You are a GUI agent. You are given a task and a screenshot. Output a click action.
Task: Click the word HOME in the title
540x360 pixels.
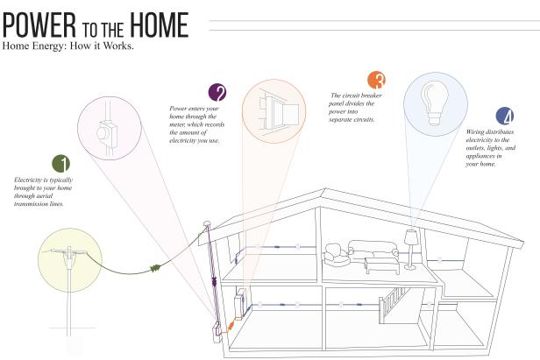click(x=160, y=25)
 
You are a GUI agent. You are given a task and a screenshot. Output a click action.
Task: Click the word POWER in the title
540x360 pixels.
click(x=39, y=25)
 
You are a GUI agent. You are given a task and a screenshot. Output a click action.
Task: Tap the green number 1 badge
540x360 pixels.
click(x=61, y=164)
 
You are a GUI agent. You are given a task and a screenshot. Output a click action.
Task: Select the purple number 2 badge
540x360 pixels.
click(x=217, y=92)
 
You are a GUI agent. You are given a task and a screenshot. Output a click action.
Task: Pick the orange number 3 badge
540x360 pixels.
click(x=376, y=80)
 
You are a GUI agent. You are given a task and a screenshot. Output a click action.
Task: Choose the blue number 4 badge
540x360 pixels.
click(x=505, y=116)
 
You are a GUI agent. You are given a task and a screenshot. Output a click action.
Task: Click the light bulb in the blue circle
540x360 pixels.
click(x=435, y=102)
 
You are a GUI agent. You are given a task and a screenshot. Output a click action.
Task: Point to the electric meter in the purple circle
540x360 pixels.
click(x=107, y=133)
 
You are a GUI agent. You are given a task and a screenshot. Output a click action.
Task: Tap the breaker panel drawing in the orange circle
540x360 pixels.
click(x=278, y=110)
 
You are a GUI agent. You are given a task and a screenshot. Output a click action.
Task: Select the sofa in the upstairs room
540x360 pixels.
click(x=373, y=250)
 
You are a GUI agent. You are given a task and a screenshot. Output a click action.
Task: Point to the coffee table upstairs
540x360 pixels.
click(x=382, y=265)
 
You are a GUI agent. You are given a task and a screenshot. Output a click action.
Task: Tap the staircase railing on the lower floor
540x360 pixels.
click(x=394, y=302)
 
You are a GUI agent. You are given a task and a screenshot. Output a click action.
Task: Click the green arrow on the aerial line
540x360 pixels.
click(x=156, y=268)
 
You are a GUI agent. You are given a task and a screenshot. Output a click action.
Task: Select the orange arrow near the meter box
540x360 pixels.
click(x=231, y=325)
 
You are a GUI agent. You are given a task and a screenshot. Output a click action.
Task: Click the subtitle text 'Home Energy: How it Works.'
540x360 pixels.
click(x=67, y=46)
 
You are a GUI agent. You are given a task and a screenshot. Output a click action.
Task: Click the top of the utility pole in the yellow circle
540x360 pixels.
click(x=69, y=247)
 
